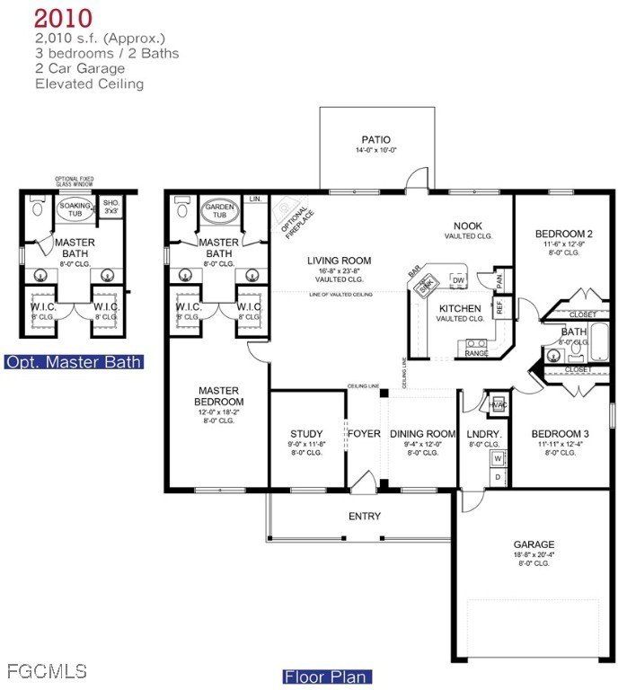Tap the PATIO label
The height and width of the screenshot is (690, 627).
[377, 139]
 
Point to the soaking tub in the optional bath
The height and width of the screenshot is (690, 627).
[75, 210]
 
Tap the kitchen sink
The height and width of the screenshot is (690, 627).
[427, 284]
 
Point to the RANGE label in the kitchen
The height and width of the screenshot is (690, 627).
[476, 353]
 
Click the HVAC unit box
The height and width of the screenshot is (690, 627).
[498, 404]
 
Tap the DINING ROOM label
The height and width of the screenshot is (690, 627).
[423, 434]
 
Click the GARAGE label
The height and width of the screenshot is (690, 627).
[534, 544]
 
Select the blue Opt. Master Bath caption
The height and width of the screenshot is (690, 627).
[74, 363]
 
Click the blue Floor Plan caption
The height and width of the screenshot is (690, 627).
[327, 677]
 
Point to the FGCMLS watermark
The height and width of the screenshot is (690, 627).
[46, 670]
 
